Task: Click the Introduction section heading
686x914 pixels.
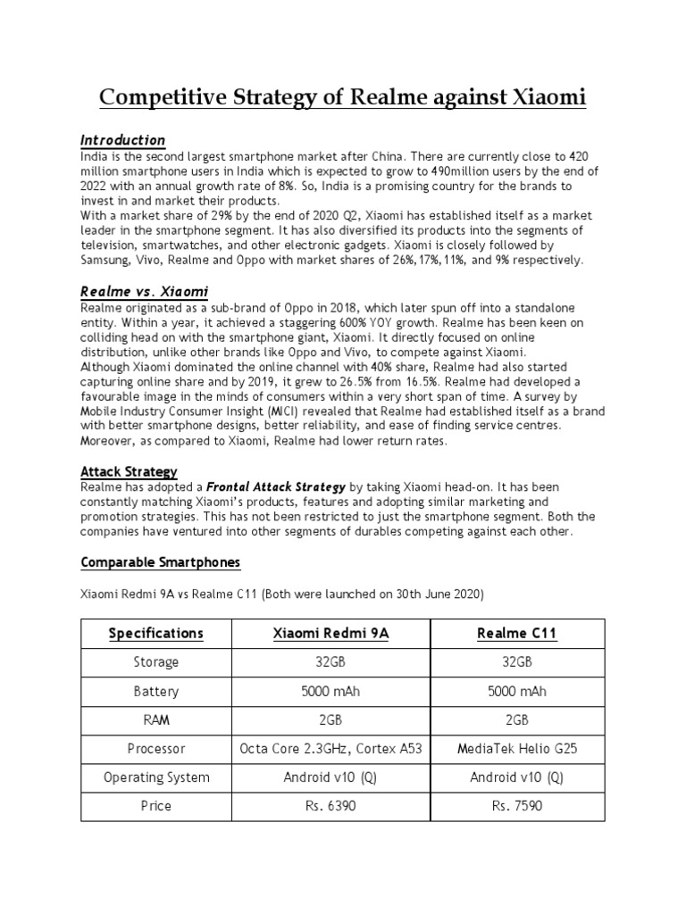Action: [x=122, y=140]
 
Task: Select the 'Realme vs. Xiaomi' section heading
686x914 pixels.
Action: [x=144, y=292]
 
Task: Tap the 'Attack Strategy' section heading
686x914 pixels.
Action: [x=129, y=471]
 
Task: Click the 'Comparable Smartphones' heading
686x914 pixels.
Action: [x=160, y=562]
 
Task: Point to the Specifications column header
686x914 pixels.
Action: [x=155, y=634]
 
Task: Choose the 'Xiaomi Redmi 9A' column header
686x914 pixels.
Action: [x=330, y=634]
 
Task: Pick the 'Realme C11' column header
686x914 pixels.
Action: [x=517, y=634]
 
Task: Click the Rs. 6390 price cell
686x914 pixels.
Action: [x=330, y=806]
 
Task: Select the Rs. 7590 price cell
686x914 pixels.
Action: [x=517, y=806]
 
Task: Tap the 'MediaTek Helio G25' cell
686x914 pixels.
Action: [x=517, y=749]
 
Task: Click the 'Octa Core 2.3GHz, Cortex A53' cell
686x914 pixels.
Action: [x=330, y=749]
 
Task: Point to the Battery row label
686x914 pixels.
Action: [x=155, y=692]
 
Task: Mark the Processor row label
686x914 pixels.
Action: [x=155, y=749]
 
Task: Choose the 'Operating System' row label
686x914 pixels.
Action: [x=155, y=777]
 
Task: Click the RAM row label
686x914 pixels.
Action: [x=155, y=720]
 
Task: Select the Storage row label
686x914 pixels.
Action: [x=155, y=662]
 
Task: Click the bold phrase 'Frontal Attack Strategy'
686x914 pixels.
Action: [x=276, y=487]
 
